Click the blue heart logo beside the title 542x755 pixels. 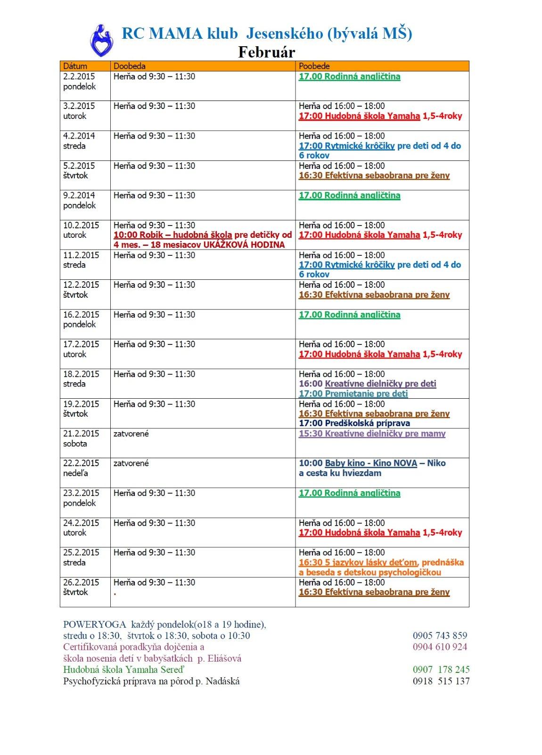tap(101, 41)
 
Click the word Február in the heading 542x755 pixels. tap(266, 52)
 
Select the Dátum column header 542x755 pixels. tap(75, 66)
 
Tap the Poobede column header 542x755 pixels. tap(314, 66)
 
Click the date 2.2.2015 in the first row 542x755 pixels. tap(79, 76)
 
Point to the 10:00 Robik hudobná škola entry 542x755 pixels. tap(172, 235)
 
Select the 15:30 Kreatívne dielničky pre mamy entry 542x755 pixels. tap(372, 434)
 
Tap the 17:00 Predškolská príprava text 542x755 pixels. tap(354, 423)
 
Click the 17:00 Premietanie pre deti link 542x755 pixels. tap(353, 394)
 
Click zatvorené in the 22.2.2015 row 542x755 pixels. tap(131, 463)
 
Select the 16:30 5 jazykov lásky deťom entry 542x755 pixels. tap(358, 562)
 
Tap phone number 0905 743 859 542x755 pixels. tap(440, 636)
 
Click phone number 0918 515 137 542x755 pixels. tap(441, 681)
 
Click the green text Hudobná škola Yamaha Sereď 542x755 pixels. tap(123, 670)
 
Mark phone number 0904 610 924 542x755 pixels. tap(440, 647)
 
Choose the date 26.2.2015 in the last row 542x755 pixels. tap(81, 582)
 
